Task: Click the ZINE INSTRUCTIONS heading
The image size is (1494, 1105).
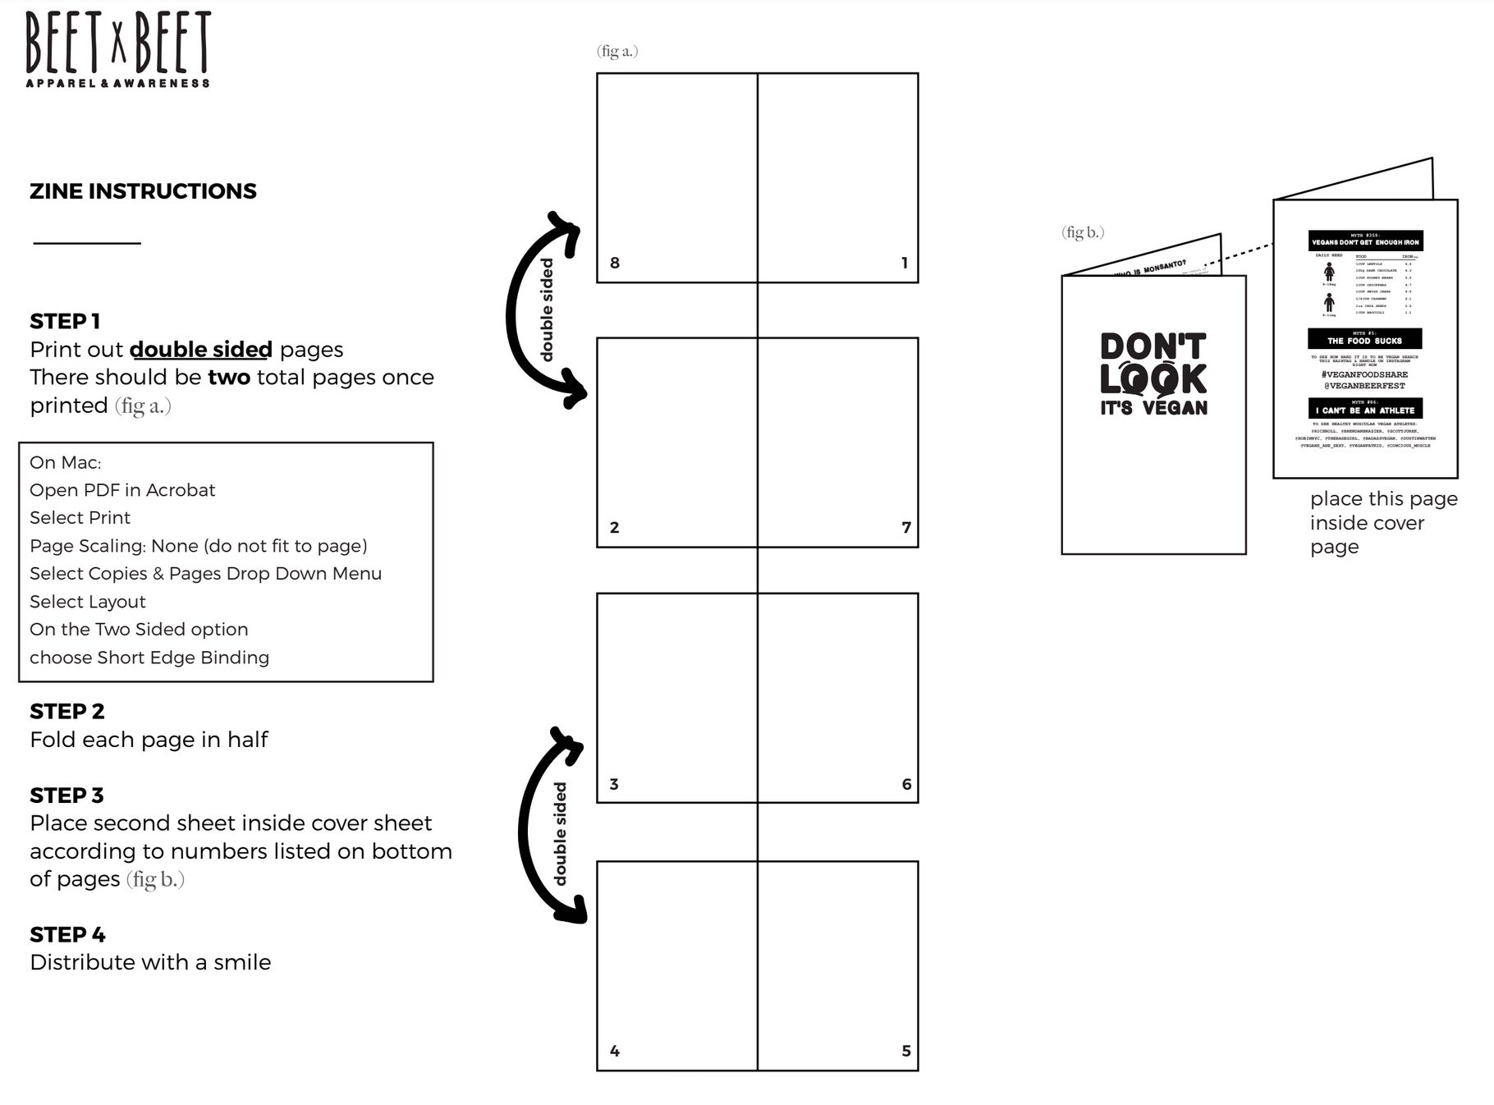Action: [143, 191]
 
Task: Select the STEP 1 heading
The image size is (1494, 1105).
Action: [65, 321]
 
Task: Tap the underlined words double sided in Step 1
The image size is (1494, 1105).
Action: [201, 350]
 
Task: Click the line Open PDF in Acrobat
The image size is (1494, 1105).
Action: [122, 490]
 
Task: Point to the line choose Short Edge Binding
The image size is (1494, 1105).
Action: [149, 658]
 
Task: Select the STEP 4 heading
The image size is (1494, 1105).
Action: [67, 934]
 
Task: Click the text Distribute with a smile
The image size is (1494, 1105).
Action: [150, 962]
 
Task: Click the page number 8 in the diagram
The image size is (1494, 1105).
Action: [615, 263]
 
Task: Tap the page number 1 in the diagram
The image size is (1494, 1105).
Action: [905, 263]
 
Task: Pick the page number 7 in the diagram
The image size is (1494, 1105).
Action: [906, 527]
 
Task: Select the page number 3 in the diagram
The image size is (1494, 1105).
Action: [614, 784]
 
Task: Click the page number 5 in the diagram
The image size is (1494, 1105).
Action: [906, 1051]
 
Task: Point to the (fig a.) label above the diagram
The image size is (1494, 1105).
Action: [617, 51]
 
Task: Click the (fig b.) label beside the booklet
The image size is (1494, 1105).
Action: [1083, 232]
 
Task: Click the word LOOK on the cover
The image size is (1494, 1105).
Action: [1153, 378]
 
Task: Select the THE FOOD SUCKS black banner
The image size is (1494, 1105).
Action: [1364, 339]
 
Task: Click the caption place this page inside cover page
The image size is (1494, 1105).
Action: [1382, 523]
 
